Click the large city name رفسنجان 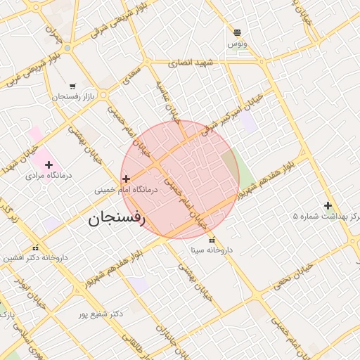116,219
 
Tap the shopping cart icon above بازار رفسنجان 73,86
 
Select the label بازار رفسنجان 72,96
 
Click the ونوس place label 237,44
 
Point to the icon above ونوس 237,32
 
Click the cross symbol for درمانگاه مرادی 49,165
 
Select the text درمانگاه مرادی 45,174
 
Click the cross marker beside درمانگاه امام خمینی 126,179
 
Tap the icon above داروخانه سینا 212,240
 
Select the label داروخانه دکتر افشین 35,257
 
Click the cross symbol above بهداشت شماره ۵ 328,205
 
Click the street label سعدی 131,75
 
